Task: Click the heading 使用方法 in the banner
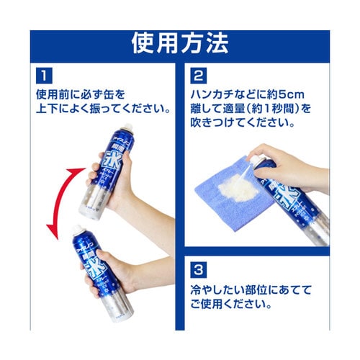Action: tap(179, 44)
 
